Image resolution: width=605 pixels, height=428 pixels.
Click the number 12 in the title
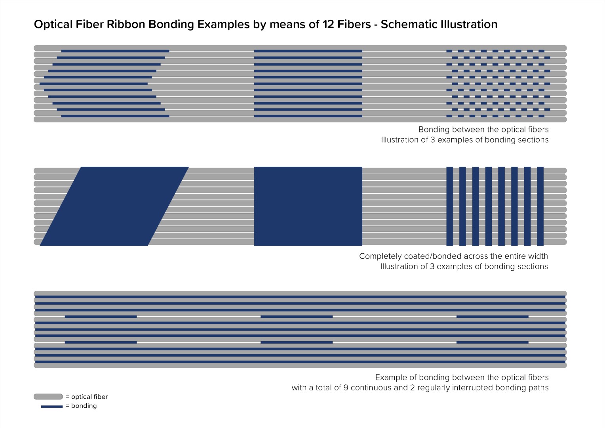click(327, 24)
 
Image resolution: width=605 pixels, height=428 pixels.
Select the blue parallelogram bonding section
click(114, 206)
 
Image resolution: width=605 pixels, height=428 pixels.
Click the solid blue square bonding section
click(308, 206)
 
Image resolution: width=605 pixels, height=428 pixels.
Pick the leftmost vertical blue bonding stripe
click(450, 206)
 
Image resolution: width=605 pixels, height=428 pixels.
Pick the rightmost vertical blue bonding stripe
click(540, 206)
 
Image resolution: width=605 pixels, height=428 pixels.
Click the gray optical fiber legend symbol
click(48, 397)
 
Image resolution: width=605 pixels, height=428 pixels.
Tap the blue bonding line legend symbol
click(52, 406)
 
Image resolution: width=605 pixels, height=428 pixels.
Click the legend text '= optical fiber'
click(87, 397)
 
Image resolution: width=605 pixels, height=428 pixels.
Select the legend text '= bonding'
click(81, 406)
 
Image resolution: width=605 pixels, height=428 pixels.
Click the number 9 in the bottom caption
click(346, 388)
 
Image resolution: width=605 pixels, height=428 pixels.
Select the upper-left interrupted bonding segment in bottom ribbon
click(101, 317)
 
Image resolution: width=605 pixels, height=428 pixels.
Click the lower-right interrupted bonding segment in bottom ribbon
click(493, 342)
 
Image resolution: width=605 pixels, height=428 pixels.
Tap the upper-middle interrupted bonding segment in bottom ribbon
click(297, 317)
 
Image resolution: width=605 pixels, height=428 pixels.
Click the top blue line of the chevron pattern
click(115, 51)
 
